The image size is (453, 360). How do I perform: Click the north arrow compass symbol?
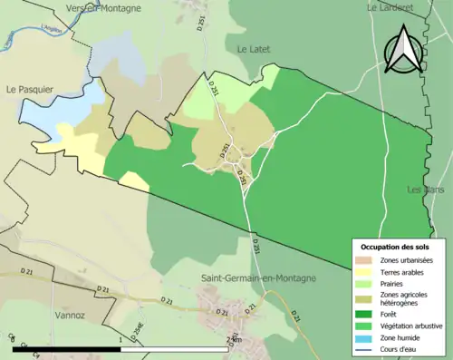(403, 50)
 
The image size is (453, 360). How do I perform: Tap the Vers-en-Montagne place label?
(103, 8)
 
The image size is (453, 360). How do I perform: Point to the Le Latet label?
(255, 48)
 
